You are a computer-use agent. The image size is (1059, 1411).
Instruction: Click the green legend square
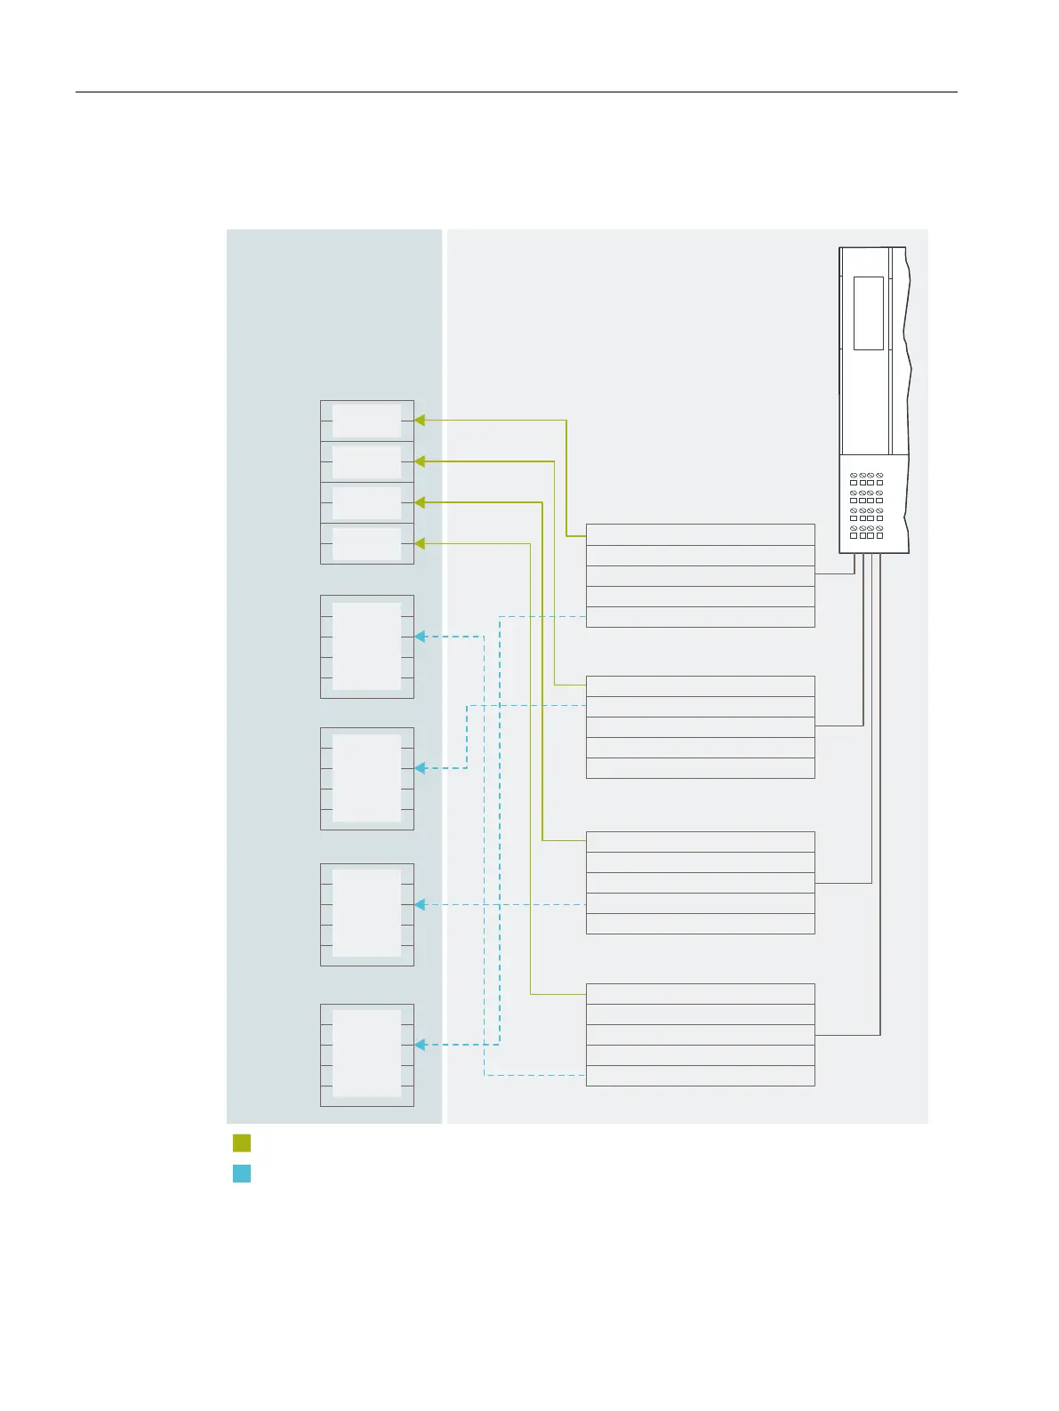(241, 1143)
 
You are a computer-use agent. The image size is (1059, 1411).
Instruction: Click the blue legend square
(241, 1174)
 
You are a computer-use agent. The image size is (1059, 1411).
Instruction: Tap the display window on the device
(868, 313)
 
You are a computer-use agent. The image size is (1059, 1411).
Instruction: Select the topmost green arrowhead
(420, 421)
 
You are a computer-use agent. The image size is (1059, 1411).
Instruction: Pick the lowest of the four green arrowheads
(420, 543)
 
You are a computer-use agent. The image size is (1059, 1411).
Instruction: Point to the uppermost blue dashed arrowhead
(420, 637)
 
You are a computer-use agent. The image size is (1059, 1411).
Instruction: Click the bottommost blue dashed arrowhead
(420, 1045)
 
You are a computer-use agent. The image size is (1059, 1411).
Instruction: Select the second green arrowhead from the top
(420, 461)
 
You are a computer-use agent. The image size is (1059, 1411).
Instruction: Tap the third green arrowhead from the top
(420, 502)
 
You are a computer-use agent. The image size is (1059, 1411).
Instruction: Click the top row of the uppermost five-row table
(700, 535)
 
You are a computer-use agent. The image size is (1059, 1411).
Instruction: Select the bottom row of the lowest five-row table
(700, 1076)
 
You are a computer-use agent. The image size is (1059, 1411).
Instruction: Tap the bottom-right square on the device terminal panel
(879, 536)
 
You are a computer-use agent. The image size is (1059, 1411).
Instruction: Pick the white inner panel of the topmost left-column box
(366, 421)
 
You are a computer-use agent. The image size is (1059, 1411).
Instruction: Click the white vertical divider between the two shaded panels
(445, 676)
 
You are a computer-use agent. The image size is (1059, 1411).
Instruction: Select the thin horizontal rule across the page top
(516, 92)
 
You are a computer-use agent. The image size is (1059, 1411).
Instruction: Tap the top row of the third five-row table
(700, 842)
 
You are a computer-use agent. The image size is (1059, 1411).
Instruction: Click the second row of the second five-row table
(700, 707)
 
